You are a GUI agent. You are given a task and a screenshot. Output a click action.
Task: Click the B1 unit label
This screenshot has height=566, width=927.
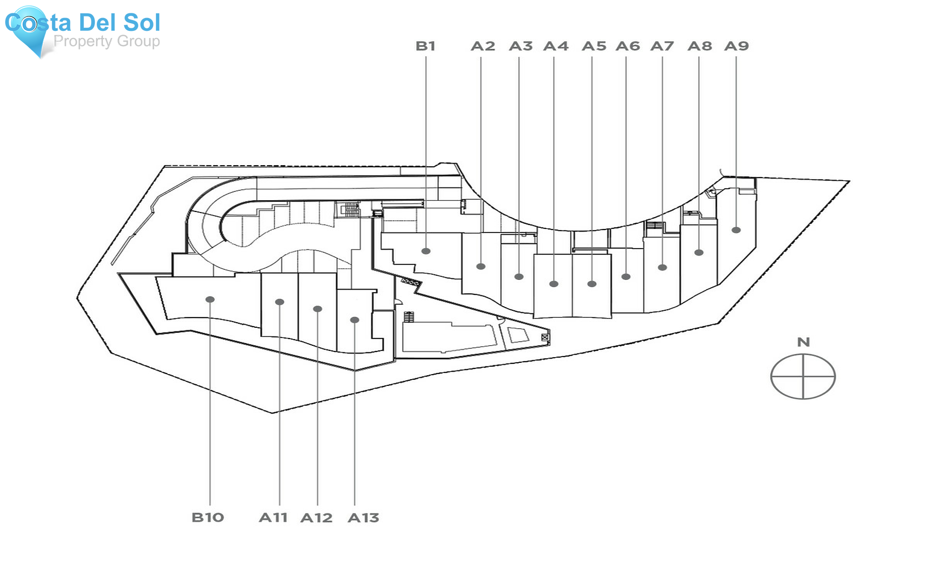[x=425, y=46]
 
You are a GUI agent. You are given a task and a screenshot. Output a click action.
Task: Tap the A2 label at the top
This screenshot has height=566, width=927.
[x=483, y=46]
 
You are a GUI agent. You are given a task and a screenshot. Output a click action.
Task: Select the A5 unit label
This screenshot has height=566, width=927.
[x=594, y=46]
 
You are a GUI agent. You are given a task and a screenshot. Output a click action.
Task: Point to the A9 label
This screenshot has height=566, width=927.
[x=736, y=46]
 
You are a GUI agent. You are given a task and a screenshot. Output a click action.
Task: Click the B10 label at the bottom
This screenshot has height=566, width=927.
[x=208, y=517]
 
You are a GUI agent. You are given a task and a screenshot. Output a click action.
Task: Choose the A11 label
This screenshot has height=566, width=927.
[x=273, y=517]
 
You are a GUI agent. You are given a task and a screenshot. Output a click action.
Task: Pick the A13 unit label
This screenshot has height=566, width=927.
[x=363, y=517]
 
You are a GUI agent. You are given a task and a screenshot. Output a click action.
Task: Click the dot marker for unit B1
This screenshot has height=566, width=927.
[x=426, y=251]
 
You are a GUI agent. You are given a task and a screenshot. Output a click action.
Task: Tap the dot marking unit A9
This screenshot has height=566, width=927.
[x=736, y=230]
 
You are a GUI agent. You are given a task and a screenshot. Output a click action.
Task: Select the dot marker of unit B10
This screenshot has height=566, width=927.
[x=210, y=299]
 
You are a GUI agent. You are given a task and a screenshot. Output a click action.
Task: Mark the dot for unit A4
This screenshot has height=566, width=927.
[x=554, y=284]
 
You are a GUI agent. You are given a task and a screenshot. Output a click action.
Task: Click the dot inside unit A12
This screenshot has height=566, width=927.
[x=317, y=309]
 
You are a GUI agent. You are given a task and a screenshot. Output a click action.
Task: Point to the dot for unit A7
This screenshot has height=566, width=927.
[x=662, y=267]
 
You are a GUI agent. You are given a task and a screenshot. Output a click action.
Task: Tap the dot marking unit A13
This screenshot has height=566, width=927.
[x=354, y=320]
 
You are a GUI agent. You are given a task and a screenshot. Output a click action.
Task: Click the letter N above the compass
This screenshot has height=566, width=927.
[x=803, y=342]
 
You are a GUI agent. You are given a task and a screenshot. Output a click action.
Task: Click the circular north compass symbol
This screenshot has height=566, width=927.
[x=803, y=376]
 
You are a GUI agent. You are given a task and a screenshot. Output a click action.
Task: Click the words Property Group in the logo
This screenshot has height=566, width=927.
[x=107, y=41]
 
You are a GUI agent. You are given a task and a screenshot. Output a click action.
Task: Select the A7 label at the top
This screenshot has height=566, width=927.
[x=662, y=46]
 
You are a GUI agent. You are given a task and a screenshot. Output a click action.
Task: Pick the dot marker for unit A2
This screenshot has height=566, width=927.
[x=480, y=267]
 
